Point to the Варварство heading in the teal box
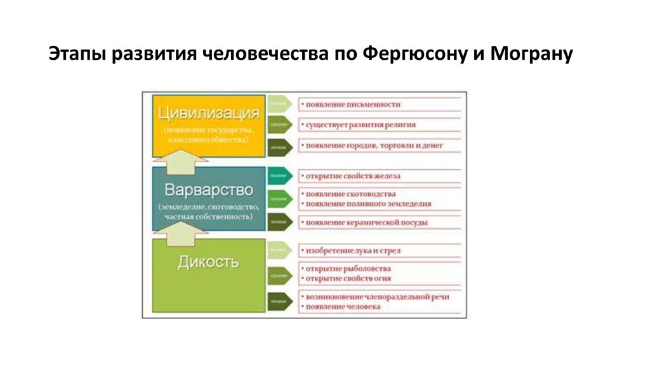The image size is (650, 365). pyautogui.click(x=208, y=189)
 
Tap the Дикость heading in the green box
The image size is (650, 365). pyautogui.click(x=208, y=261)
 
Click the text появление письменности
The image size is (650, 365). pyautogui.click(x=354, y=104)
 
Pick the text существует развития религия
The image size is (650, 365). pyautogui.click(x=361, y=125)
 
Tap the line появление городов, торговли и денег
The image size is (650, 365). pyautogui.click(x=374, y=146)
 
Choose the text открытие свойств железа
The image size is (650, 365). pyautogui.click(x=354, y=176)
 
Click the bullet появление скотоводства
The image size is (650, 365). pyautogui.click(x=351, y=193)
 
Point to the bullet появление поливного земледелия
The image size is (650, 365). pyautogui.click(x=369, y=204)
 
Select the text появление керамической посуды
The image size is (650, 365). pyautogui.click(x=367, y=223)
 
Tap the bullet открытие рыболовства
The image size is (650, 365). pyautogui.click(x=348, y=268)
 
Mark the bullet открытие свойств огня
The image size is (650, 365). pyautogui.click(x=348, y=279)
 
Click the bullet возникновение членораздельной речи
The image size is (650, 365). pyautogui.click(x=381, y=297)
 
